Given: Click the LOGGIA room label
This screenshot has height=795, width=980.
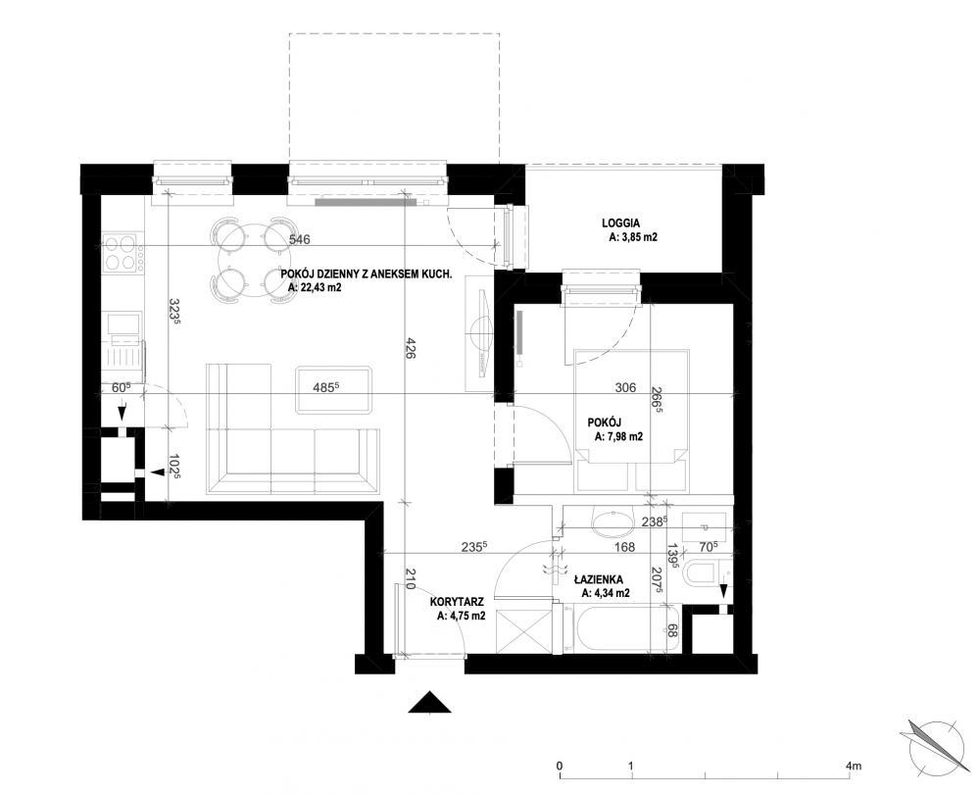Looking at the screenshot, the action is pos(620,223).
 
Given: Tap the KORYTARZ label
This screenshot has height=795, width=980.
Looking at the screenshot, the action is pos(458,603).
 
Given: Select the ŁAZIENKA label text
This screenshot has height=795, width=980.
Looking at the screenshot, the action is pos(598,580).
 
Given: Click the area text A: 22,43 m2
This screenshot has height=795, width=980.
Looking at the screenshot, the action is pos(315,288).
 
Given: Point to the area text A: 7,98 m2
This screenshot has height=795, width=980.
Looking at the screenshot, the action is pos(618,437).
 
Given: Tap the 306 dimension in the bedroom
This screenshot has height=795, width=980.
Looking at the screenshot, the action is pos(625,387).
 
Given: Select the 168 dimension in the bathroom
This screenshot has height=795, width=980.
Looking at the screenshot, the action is pos(624,548).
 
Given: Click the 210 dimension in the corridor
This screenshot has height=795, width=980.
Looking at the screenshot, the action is pos(410,579).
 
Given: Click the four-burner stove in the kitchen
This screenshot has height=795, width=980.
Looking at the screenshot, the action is pos(122,253).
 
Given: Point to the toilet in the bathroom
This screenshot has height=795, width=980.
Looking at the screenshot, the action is pos(703,572).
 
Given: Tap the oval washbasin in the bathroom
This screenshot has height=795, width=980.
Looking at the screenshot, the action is pos(612,523).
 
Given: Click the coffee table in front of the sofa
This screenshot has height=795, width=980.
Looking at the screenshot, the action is pos(335,390).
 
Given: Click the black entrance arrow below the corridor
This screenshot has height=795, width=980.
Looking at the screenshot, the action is pos(430,702).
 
